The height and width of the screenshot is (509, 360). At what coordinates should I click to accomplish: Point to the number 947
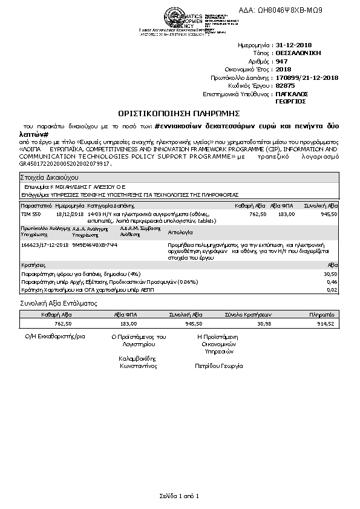(281, 61)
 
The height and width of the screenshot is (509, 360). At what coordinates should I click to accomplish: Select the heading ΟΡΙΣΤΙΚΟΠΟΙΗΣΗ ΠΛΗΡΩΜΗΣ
(179, 113)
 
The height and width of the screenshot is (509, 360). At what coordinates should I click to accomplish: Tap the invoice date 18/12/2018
(68, 214)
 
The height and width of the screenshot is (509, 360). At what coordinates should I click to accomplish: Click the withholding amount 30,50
(330, 274)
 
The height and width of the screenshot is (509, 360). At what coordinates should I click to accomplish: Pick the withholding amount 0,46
(332, 281)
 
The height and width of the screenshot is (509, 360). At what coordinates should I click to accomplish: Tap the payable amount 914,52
(326, 324)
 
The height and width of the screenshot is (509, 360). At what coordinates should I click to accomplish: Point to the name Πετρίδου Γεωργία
(218, 366)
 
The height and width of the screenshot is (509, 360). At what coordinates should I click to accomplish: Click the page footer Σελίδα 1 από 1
(179, 496)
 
